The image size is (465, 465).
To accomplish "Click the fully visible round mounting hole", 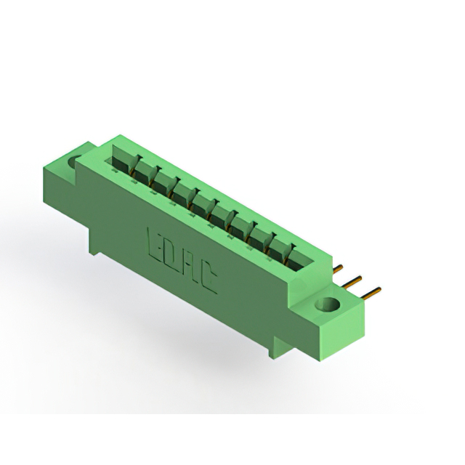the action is coord(327,304).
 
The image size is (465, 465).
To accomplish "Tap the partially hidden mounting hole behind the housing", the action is coord(73,161).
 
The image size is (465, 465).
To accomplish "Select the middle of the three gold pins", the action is coord(352,282).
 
